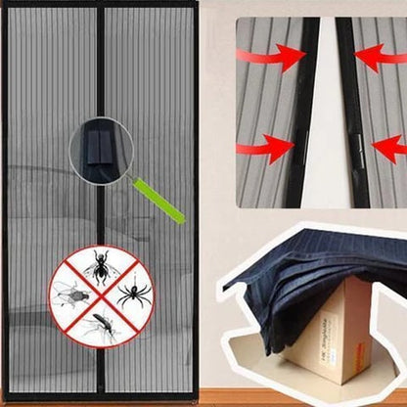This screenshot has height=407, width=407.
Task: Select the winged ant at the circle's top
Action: pyautogui.click(x=99, y=265)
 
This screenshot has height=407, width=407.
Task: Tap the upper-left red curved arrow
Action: pyautogui.click(x=280, y=57)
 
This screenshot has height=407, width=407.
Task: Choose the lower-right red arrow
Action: pyautogui.click(x=389, y=149)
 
